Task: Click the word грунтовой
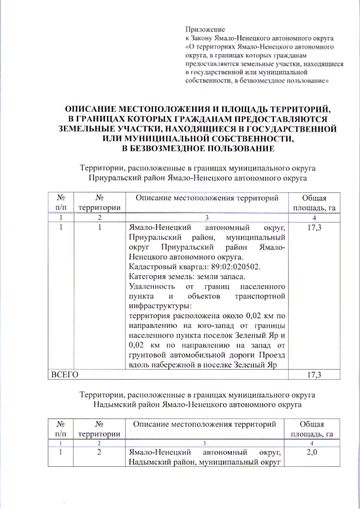click(x=150, y=356)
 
